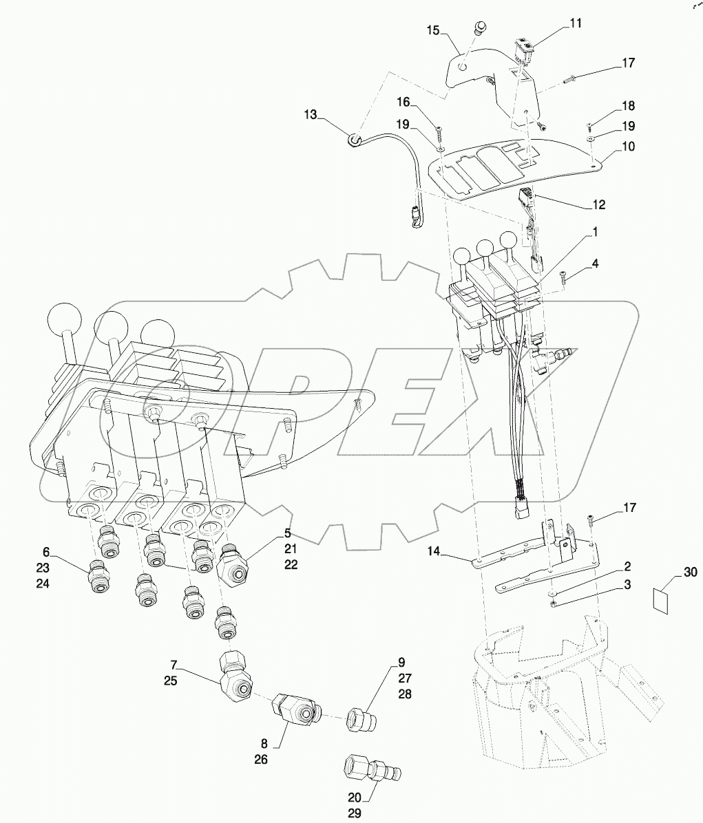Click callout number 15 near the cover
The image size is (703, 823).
432,30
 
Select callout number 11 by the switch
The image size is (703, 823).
575,23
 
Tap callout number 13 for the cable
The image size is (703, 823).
311,115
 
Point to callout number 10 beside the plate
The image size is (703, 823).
628,147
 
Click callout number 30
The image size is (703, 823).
690,573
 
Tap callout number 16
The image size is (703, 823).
403,103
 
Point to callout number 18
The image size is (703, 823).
628,107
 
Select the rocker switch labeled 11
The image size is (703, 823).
525,47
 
